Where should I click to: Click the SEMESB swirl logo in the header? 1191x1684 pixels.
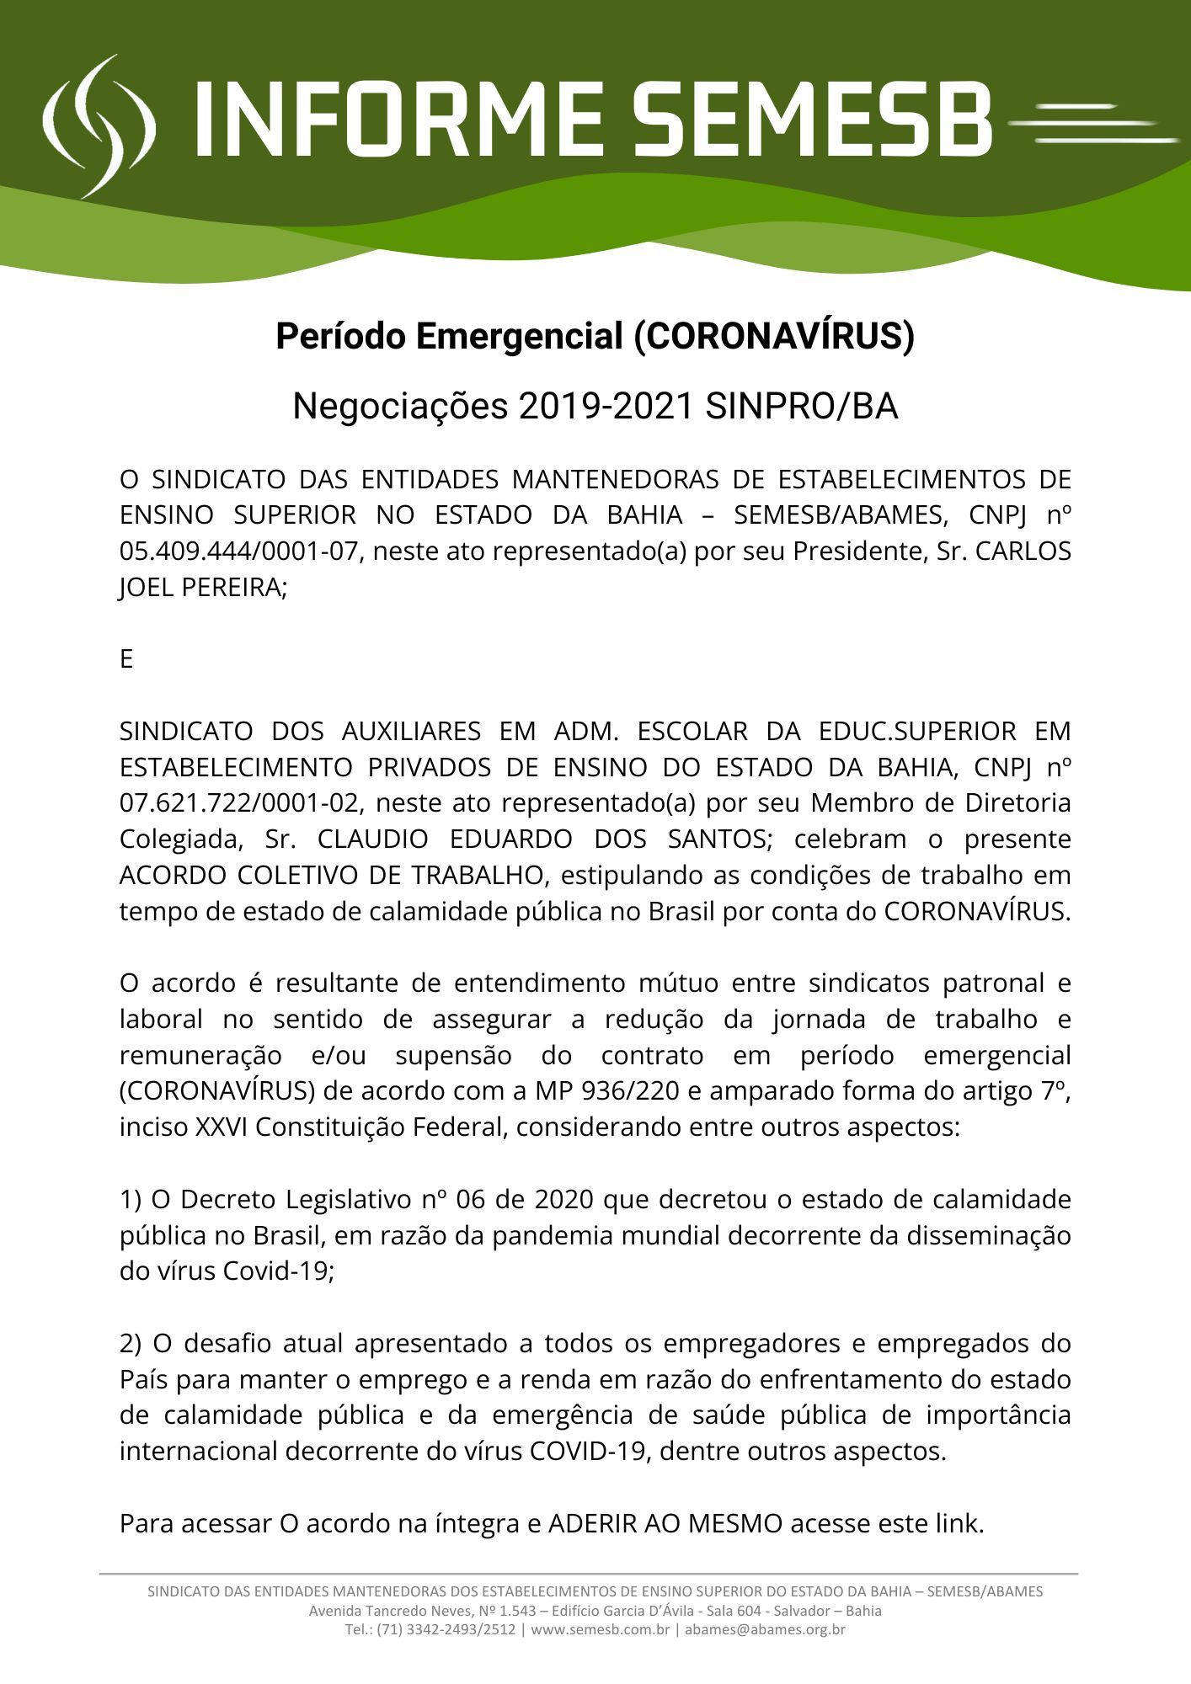click(x=99, y=126)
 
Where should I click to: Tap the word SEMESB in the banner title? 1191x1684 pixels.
click(x=813, y=120)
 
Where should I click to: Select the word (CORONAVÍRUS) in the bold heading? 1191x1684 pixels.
click(x=773, y=337)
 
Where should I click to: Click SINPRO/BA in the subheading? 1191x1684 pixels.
click(x=801, y=407)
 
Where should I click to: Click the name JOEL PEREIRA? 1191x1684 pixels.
click(x=203, y=588)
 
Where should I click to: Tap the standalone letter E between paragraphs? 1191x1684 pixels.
click(x=126, y=659)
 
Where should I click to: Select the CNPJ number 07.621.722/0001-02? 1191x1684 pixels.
click(x=239, y=803)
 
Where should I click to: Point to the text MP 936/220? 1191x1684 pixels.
click(x=606, y=1091)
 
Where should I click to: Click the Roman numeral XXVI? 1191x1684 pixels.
click(x=222, y=1127)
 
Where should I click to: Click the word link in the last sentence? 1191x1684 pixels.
click(x=959, y=1524)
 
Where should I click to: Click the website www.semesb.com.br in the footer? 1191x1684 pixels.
click(x=600, y=1630)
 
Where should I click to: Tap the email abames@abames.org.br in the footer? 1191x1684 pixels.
click(x=765, y=1630)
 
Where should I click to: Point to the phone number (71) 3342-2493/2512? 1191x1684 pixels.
click(x=446, y=1630)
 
